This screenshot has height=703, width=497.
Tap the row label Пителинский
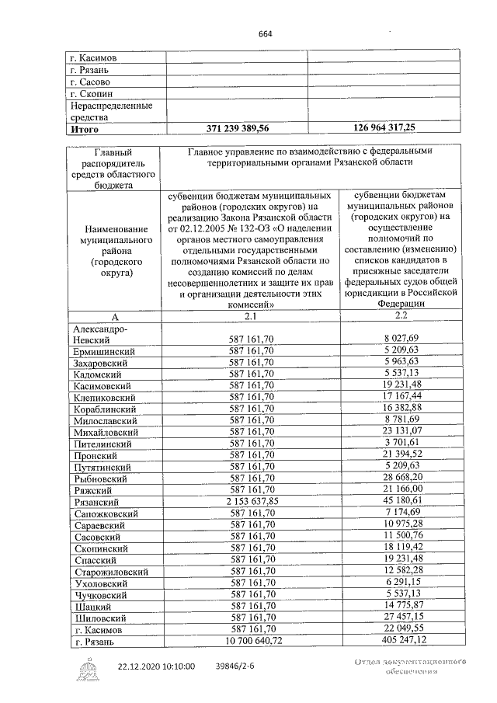click(x=103, y=444)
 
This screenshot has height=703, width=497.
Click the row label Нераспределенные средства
click(x=110, y=111)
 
